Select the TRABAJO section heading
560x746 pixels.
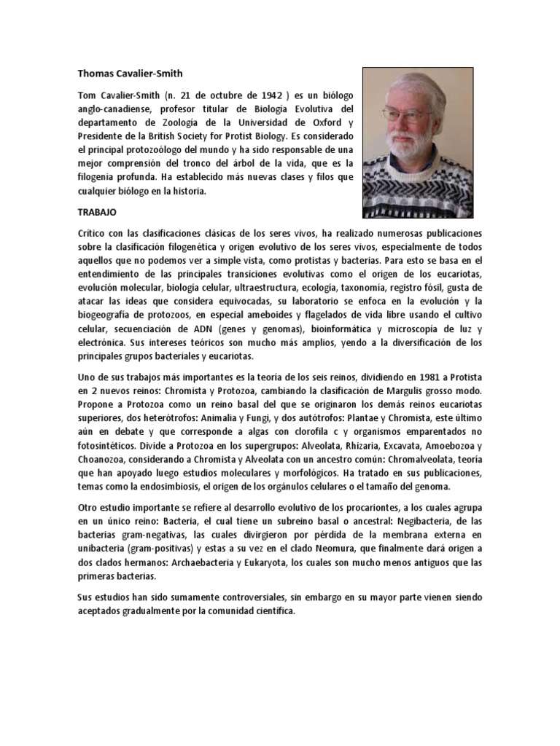[x=98, y=212]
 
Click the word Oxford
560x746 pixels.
[x=324, y=122]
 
